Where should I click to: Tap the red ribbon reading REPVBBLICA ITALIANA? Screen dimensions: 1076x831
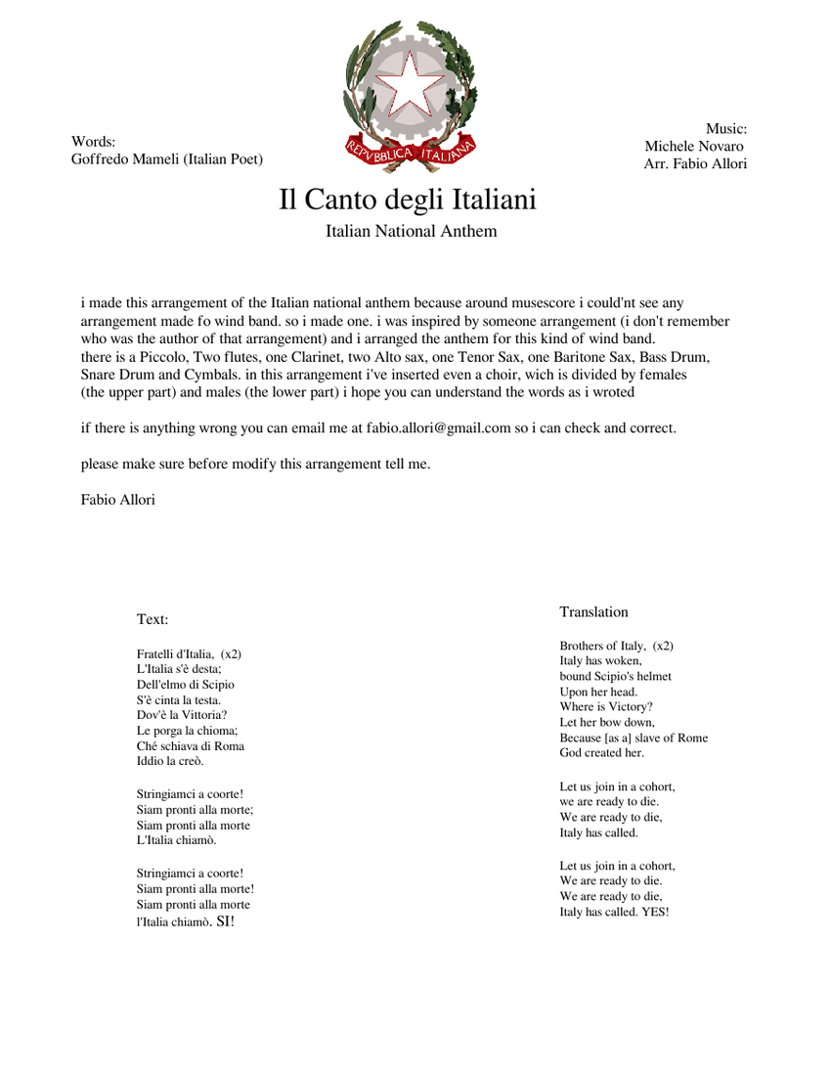[x=410, y=152]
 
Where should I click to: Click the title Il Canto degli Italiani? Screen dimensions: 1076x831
[x=408, y=200]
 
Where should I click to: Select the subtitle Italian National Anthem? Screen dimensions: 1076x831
[x=411, y=232]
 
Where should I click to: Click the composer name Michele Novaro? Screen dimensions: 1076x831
[x=694, y=146]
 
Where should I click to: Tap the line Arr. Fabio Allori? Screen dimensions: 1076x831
[x=695, y=163]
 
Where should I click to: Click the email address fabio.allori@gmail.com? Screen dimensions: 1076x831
[x=439, y=428]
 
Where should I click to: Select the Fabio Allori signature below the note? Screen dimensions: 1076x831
[x=117, y=500]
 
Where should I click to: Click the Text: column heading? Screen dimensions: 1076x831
[x=153, y=619]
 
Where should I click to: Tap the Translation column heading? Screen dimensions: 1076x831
[x=593, y=612]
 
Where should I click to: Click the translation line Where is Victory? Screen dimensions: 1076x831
[x=606, y=707]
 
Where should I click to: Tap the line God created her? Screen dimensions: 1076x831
[x=602, y=753]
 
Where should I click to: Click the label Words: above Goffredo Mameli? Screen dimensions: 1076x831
[x=94, y=142]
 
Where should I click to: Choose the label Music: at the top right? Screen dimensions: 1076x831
[x=726, y=128]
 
